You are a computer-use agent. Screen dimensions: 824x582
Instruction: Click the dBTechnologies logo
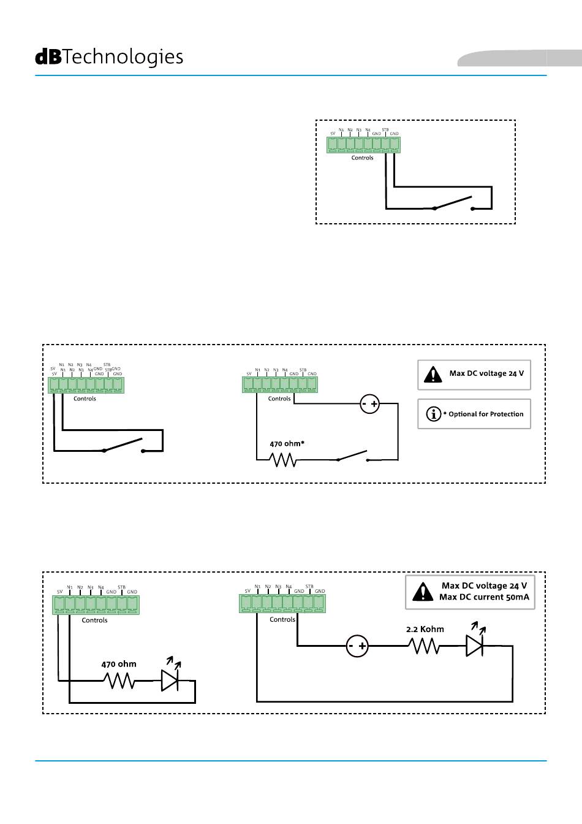[x=109, y=57]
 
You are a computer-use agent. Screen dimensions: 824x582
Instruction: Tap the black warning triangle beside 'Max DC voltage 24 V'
[x=433, y=374]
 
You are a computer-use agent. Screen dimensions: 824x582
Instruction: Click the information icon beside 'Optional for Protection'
[x=433, y=414]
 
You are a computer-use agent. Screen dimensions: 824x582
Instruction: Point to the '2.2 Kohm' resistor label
[x=425, y=629]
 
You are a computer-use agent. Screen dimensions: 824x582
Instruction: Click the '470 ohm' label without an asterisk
[x=119, y=664]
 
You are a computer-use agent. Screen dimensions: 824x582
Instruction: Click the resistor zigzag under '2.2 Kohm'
[x=424, y=646]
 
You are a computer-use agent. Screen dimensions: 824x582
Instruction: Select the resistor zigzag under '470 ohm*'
[x=283, y=459]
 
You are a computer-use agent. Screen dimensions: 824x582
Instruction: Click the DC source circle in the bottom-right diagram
[x=358, y=646]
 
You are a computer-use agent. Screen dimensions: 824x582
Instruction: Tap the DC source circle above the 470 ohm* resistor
[x=370, y=404]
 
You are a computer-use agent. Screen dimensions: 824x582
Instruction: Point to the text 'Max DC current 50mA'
[x=484, y=597]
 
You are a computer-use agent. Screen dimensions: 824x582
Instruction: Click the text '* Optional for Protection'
[x=483, y=414]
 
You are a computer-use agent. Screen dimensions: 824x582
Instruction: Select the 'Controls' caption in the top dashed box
[x=362, y=158]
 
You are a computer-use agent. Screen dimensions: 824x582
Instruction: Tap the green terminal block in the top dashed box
[x=363, y=145]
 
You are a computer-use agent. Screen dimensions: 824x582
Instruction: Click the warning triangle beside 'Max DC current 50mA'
[x=423, y=592]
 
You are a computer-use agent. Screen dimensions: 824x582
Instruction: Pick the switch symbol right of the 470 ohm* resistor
[x=352, y=456]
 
